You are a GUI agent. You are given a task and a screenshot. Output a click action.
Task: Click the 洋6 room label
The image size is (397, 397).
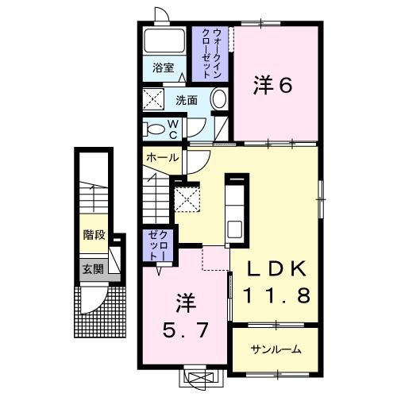coord(273,84)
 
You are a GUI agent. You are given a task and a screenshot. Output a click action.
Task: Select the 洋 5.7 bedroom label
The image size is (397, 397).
coord(187,317)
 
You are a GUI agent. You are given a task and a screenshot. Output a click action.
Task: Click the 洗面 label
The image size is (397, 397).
coord(187,101)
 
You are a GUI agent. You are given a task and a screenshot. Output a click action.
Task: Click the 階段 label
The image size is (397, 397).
coord(94,235)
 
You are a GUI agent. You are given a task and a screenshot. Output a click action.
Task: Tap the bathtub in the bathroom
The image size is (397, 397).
coord(166,40)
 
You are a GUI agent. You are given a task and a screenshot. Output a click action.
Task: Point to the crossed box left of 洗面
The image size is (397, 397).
coord(152,100)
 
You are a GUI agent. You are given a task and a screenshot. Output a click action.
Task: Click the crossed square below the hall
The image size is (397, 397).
coord(187,198)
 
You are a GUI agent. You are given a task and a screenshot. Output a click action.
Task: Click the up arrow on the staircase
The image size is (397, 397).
coord(94,194)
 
